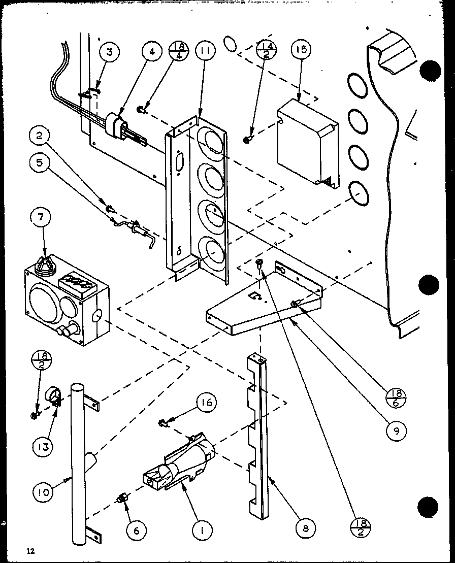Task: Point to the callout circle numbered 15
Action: click(301, 51)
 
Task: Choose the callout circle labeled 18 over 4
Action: click(180, 52)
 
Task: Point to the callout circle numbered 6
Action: click(137, 531)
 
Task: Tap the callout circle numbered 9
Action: click(397, 432)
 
